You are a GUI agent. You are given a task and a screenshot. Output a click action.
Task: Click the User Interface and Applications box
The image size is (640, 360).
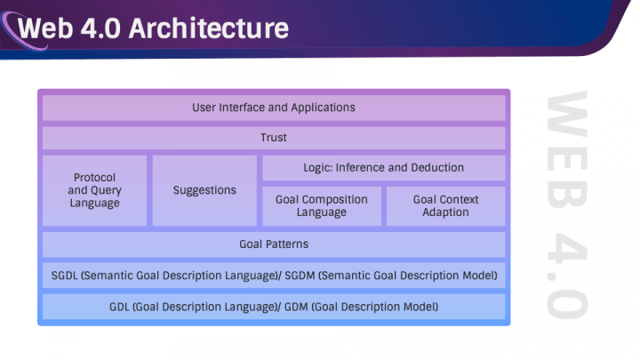pyautogui.click(x=274, y=108)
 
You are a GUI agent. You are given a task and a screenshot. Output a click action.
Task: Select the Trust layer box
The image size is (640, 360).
pyautogui.click(x=274, y=138)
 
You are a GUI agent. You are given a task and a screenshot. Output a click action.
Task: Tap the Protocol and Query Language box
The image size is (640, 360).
pyautogui.click(x=95, y=190)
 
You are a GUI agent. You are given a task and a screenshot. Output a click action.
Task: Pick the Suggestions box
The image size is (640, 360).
pyautogui.click(x=204, y=190)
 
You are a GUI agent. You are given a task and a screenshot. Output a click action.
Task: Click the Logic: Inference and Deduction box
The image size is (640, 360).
pyautogui.click(x=384, y=168)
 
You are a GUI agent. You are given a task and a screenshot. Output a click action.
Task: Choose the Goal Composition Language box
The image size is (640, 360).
pyautogui.click(x=322, y=206)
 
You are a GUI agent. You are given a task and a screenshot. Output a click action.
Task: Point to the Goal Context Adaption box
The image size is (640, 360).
pyautogui.click(x=446, y=206)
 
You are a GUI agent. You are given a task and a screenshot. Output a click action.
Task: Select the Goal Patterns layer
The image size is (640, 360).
pyautogui.click(x=274, y=244)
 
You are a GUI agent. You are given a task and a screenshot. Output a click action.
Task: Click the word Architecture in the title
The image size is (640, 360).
pyautogui.click(x=209, y=28)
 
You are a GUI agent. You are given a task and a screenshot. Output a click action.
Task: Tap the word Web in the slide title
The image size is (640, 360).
pyautogui.click(x=45, y=28)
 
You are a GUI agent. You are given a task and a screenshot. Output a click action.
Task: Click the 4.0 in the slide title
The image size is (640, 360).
pyautogui.click(x=100, y=28)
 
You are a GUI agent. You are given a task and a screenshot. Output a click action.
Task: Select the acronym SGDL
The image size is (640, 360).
pyautogui.click(x=65, y=276)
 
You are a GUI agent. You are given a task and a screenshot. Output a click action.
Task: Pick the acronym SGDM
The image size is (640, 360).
pyautogui.click(x=300, y=276)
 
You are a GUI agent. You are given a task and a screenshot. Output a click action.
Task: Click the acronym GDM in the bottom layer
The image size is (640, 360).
pyautogui.click(x=296, y=307)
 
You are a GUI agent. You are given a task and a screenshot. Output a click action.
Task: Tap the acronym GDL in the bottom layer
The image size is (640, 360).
pyautogui.click(x=119, y=307)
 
